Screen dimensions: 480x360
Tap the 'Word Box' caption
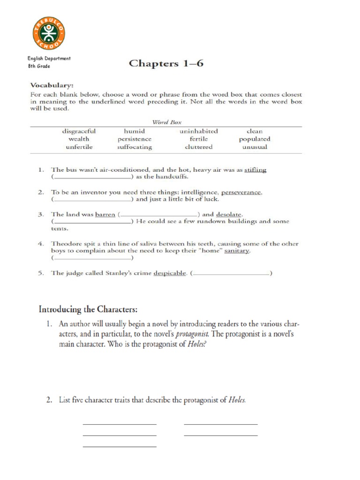[166, 122]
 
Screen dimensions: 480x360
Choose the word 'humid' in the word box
[135, 131]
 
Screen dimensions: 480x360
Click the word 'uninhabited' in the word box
[199, 131]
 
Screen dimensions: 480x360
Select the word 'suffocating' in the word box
[135, 147]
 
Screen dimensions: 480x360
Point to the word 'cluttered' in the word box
[199, 147]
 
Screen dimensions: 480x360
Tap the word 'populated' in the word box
[255, 139]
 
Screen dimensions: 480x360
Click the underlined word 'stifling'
[255, 170]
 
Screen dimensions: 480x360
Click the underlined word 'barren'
[105, 214]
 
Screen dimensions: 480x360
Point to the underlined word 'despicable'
[170, 273]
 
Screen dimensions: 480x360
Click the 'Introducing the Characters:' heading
[88, 309]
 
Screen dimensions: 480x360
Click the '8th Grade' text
[39, 66]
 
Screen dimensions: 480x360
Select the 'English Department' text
[49, 59]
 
